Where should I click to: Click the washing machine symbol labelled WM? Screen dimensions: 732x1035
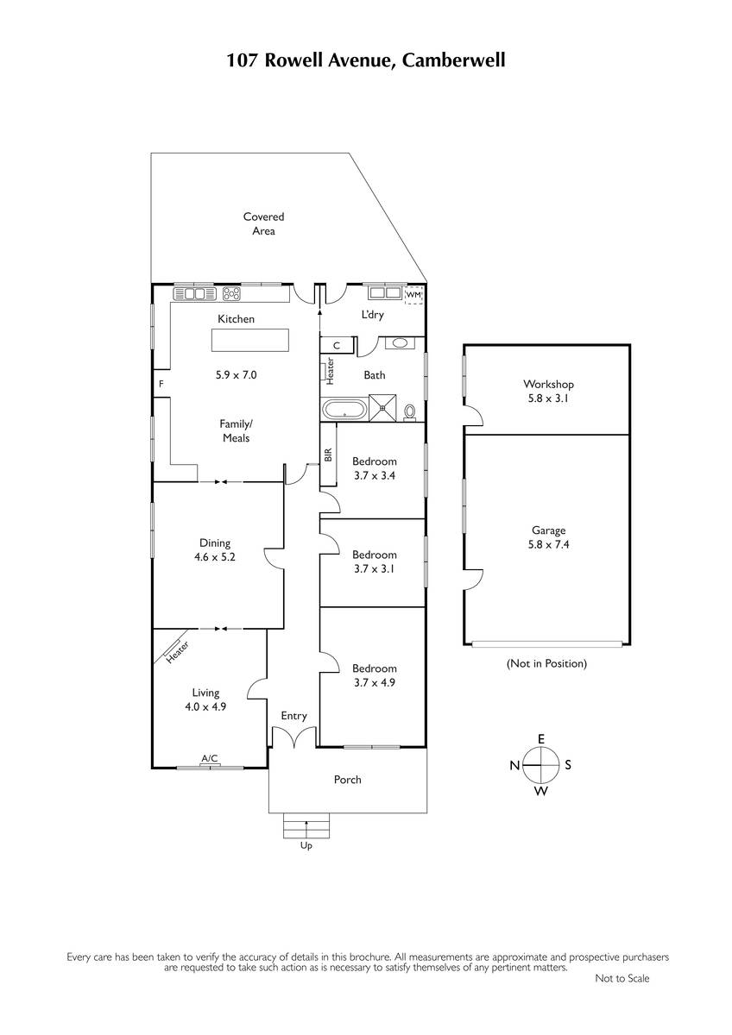tap(413, 295)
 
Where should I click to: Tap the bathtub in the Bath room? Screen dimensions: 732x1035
tap(344, 409)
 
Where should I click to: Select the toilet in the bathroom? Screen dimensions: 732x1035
tap(410, 412)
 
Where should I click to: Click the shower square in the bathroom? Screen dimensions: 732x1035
tap(382, 407)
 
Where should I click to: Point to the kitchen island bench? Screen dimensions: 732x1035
tap(250, 340)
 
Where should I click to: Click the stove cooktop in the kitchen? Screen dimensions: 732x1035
tap(231, 293)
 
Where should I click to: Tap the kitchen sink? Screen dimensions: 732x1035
tap(195, 293)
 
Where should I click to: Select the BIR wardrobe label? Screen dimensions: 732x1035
tap(328, 455)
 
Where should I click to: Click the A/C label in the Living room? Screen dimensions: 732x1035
tap(210, 758)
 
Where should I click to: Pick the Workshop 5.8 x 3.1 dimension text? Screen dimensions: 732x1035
tap(548, 398)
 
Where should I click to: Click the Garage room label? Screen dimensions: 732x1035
tap(548, 530)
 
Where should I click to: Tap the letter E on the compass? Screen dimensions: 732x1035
tap(541, 739)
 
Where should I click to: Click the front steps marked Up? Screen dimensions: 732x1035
tap(306, 825)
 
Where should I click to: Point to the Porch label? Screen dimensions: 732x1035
tap(347, 780)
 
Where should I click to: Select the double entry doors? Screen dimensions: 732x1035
tap(294, 737)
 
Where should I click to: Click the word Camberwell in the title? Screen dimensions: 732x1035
tap(453, 60)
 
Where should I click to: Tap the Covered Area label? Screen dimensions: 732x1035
tap(263, 223)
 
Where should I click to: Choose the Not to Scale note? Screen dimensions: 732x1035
tap(622, 978)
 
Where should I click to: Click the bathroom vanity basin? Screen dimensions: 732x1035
tap(399, 343)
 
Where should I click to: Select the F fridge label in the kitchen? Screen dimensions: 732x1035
tap(161, 384)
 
